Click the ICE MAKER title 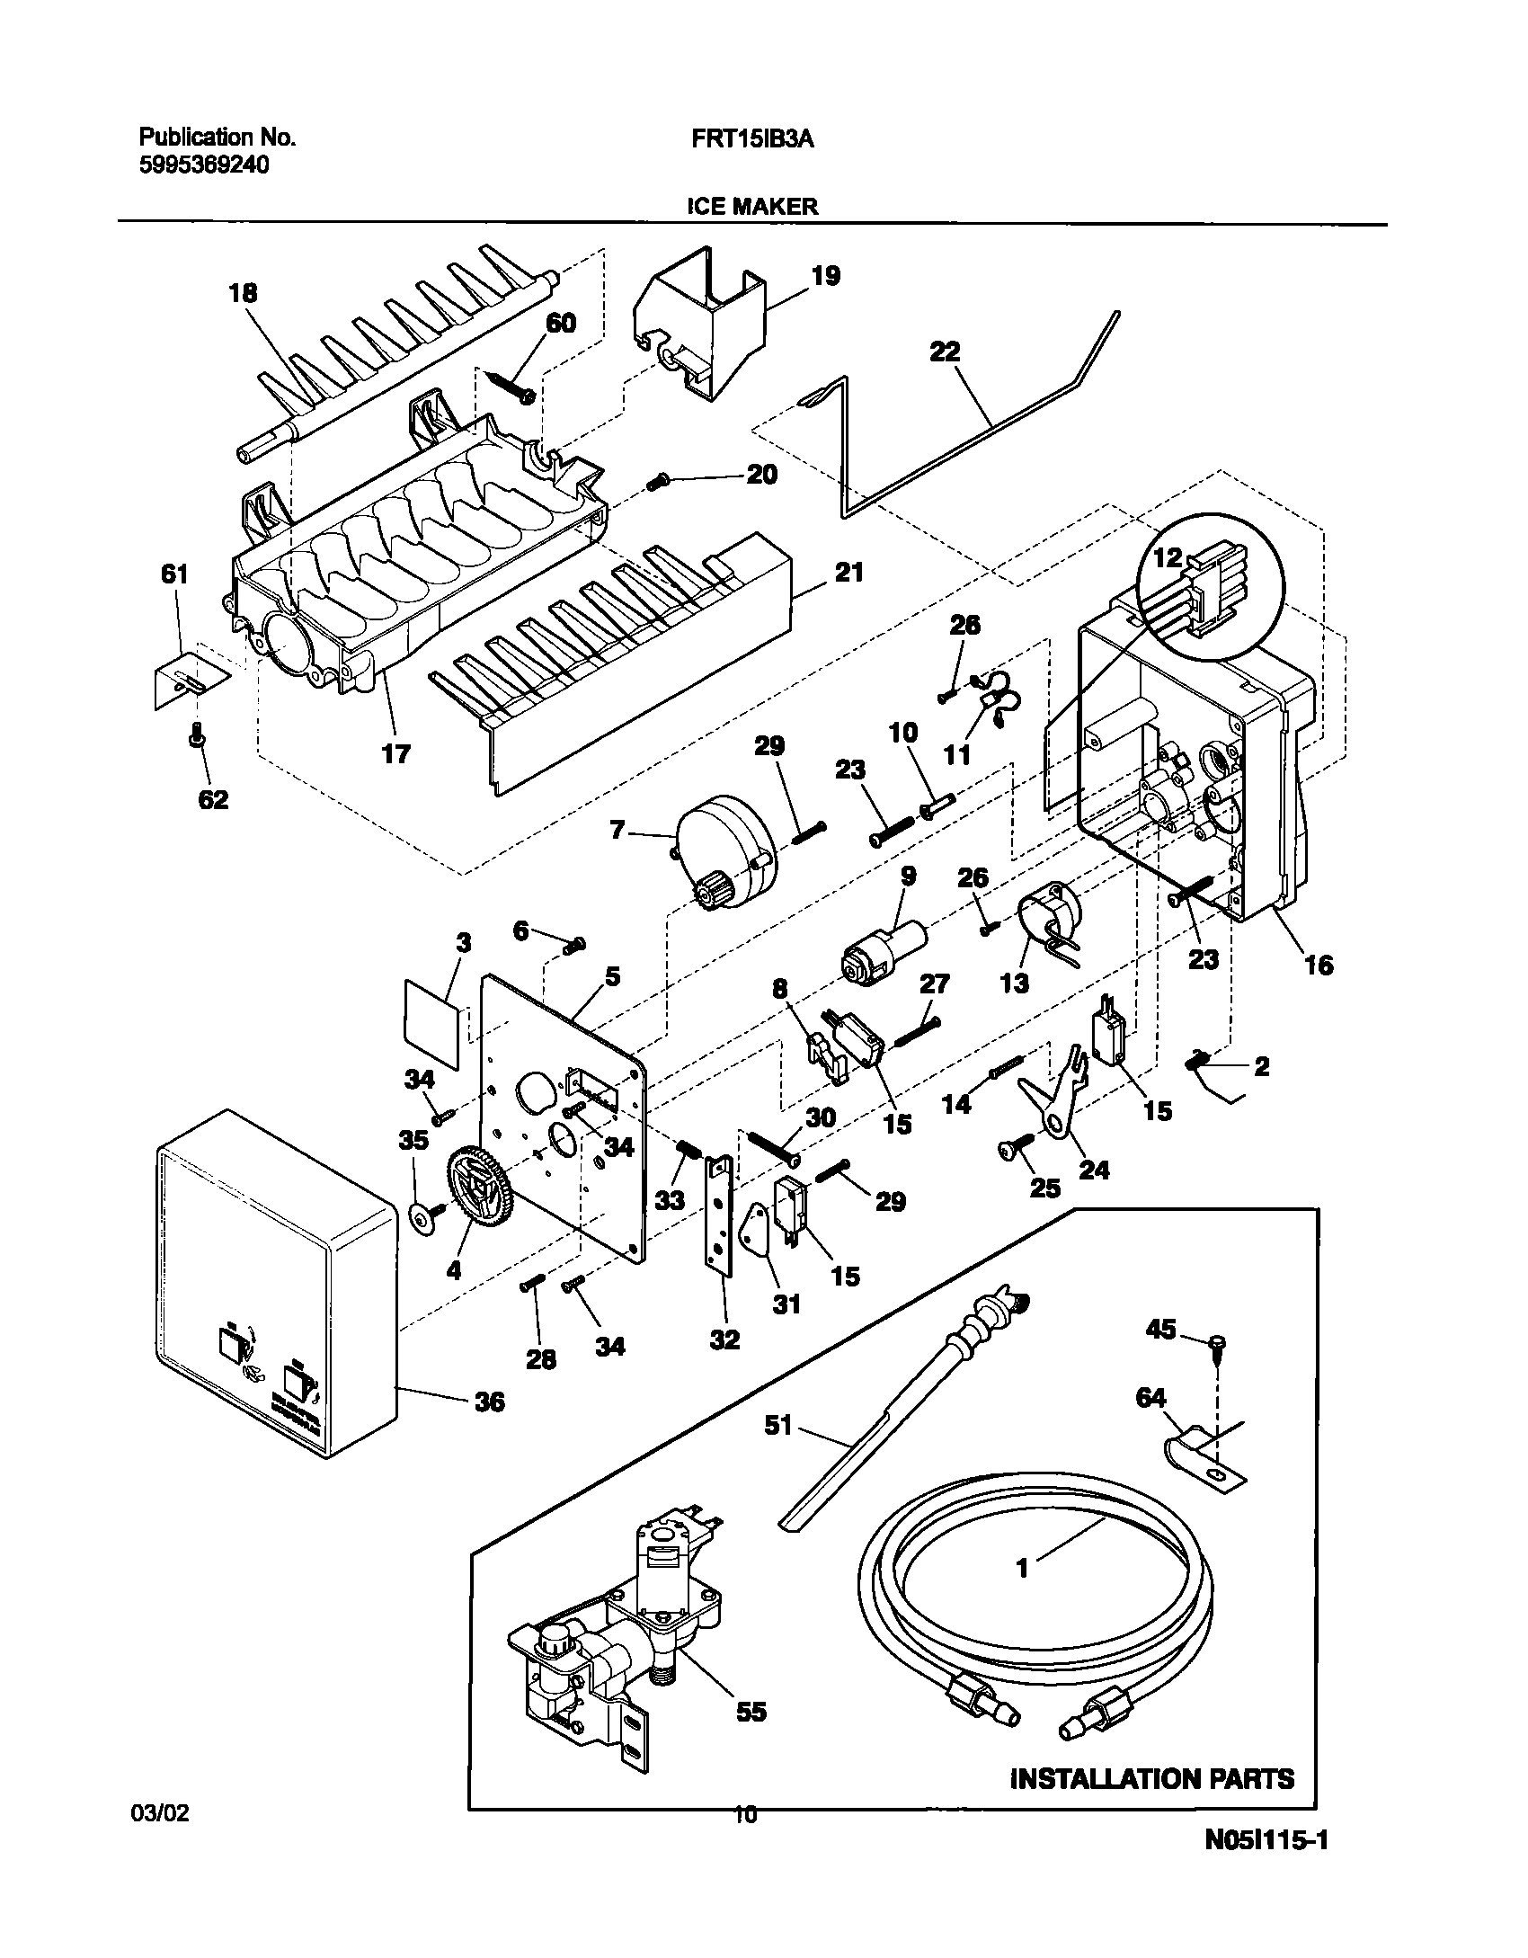click(x=752, y=206)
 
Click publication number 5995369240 click(x=203, y=165)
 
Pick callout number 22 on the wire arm click(x=945, y=352)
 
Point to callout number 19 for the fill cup click(x=826, y=276)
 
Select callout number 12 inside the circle click(x=1167, y=557)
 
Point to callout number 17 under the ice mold click(x=395, y=752)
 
